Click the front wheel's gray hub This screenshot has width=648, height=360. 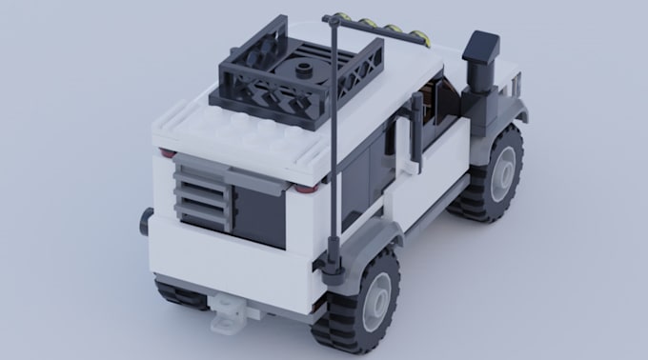(x=503, y=174)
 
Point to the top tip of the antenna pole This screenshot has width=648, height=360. (x=329, y=18)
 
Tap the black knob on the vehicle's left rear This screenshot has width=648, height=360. (x=145, y=221)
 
